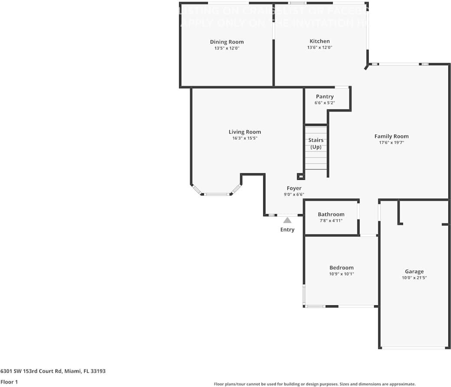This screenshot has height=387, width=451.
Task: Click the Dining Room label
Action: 227,42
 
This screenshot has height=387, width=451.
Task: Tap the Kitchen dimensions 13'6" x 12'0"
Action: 319,48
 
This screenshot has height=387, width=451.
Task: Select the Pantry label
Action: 324,96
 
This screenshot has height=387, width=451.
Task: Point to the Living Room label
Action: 245,132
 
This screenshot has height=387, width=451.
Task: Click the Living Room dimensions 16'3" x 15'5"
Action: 245,139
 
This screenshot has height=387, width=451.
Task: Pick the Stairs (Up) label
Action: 316,143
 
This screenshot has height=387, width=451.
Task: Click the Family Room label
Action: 391,136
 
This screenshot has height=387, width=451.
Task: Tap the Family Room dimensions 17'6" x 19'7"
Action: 391,142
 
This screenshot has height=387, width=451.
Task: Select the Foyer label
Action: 294,188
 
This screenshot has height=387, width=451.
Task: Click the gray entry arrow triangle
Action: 287,220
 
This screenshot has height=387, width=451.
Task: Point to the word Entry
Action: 287,229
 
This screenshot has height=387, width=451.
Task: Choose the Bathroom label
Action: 331,214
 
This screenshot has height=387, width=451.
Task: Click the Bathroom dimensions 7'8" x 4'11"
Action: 331,221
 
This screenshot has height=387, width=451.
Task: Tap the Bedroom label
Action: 341,268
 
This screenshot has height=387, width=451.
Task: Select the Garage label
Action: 414,271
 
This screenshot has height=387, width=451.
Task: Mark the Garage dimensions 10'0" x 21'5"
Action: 414,278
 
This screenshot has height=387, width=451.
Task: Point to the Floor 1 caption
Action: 9,382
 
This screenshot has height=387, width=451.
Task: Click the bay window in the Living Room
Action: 216,194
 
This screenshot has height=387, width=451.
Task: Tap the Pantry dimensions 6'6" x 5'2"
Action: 324,103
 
